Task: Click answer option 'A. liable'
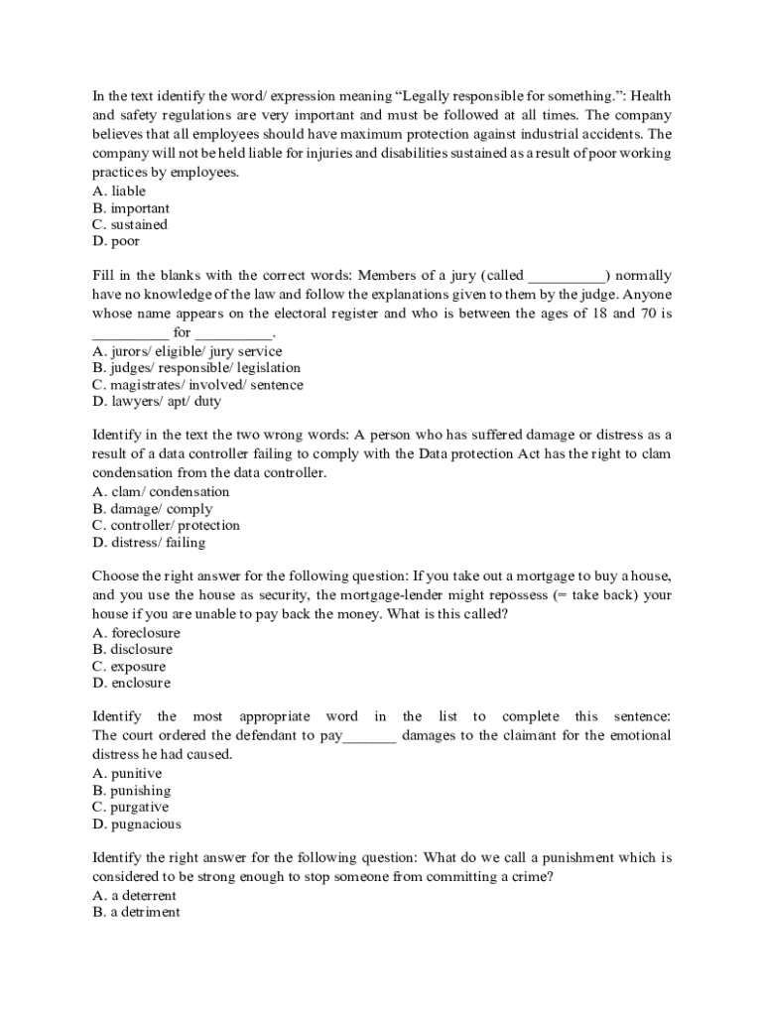[x=119, y=190]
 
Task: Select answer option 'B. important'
[x=131, y=208]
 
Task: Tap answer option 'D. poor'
[x=116, y=241]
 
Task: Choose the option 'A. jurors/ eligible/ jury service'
[x=187, y=351]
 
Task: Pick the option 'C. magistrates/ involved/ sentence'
[x=197, y=385]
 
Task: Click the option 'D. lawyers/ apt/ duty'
[x=156, y=402]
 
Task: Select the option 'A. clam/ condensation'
[x=161, y=492]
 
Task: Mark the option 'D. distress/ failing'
[x=149, y=543]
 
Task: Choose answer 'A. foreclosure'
[x=136, y=633]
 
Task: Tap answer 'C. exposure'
[x=129, y=667]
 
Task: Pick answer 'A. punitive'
[x=127, y=774]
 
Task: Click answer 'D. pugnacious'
[x=137, y=824]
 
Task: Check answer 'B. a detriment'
[x=136, y=913]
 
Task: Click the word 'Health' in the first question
[x=651, y=96]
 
